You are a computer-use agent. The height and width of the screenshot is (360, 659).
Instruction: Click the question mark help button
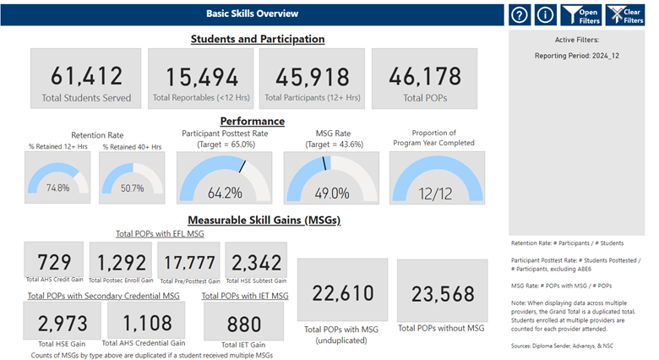click(x=520, y=15)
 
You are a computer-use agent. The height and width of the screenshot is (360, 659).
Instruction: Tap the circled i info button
click(x=546, y=15)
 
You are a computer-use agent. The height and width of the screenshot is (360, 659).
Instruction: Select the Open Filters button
click(x=581, y=15)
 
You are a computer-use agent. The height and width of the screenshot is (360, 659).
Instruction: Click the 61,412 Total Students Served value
click(x=86, y=76)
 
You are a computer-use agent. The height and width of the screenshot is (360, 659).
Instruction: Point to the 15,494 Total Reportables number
click(x=202, y=78)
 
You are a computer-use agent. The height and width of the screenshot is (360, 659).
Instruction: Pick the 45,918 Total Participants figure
click(x=313, y=77)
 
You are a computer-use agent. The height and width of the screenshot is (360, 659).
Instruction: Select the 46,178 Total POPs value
click(x=425, y=77)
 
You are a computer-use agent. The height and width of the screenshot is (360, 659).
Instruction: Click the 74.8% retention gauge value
click(x=58, y=188)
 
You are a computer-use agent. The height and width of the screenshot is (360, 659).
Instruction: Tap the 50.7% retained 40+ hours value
click(x=133, y=188)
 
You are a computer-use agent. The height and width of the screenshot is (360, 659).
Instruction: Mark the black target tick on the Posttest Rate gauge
click(x=242, y=166)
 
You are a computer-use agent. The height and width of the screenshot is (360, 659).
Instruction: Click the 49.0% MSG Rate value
click(x=332, y=193)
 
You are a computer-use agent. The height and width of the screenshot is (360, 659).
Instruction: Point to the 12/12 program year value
click(x=435, y=194)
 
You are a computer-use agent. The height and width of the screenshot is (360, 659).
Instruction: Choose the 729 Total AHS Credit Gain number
click(x=54, y=262)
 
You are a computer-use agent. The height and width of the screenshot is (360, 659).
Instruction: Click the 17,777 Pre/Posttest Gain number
click(x=189, y=263)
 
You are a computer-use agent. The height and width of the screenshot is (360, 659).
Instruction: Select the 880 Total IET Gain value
click(x=244, y=325)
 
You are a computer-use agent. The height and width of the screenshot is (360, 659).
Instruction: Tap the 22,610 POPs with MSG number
click(x=343, y=293)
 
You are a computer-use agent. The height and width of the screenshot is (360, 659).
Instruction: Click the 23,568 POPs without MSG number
click(x=443, y=293)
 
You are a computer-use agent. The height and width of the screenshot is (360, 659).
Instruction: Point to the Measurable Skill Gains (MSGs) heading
click(x=264, y=220)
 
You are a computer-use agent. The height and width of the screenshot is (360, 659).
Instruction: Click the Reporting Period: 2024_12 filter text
click(x=576, y=56)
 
